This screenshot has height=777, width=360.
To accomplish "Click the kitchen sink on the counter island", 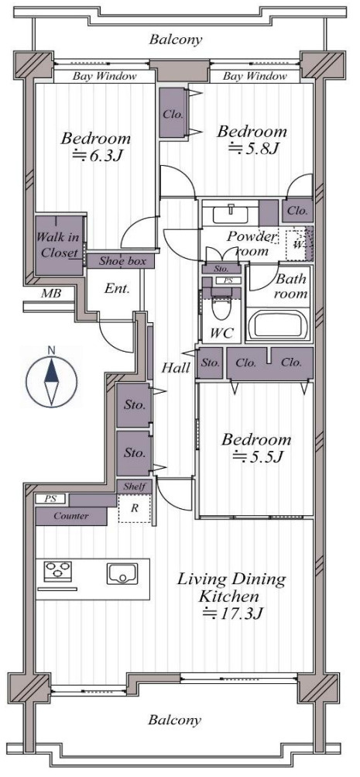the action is click(x=122, y=573).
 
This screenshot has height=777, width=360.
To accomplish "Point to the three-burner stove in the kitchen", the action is click(x=58, y=572).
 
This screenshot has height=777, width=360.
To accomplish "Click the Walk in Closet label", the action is click(x=60, y=245).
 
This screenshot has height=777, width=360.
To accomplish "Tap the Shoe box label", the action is click(x=122, y=261).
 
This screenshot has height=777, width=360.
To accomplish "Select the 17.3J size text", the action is click(x=232, y=614).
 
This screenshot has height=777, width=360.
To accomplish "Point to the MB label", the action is click(x=51, y=294).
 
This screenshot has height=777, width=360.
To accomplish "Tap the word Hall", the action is click(x=177, y=368).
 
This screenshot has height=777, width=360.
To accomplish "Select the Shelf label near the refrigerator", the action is click(x=134, y=486).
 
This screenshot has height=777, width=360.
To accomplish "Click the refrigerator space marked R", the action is click(x=134, y=508).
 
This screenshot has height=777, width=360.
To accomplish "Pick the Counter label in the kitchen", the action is click(x=71, y=516).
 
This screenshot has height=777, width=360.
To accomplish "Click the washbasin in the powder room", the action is click(x=231, y=215).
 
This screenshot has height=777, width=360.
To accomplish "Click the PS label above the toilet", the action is click(x=229, y=280).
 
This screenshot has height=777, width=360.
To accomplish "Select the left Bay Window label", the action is click(x=104, y=77).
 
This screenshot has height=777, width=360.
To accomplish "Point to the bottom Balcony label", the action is click(x=175, y=720).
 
